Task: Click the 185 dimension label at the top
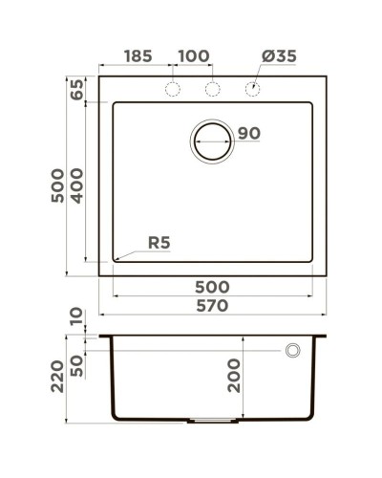pyautogui.click(x=137, y=56)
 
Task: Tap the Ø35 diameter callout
pyautogui.click(x=278, y=56)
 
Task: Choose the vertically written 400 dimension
pyautogui.click(x=76, y=183)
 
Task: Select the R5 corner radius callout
pyautogui.click(x=159, y=243)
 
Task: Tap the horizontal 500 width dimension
pyautogui.click(x=211, y=287)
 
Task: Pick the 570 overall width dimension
pyautogui.click(x=211, y=306)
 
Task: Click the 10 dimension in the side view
pyautogui.click(x=76, y=315)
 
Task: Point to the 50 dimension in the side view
pyautogui.click(x=76, y=366)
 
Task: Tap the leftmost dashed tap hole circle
pyautogui.click(x=173, y=89)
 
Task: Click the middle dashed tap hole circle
pyautogui.click(x=213, y=89)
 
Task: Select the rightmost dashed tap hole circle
pyautogui.click(x=252, y=89)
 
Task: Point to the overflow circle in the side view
pyautogui.click(x=292, y=351)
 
